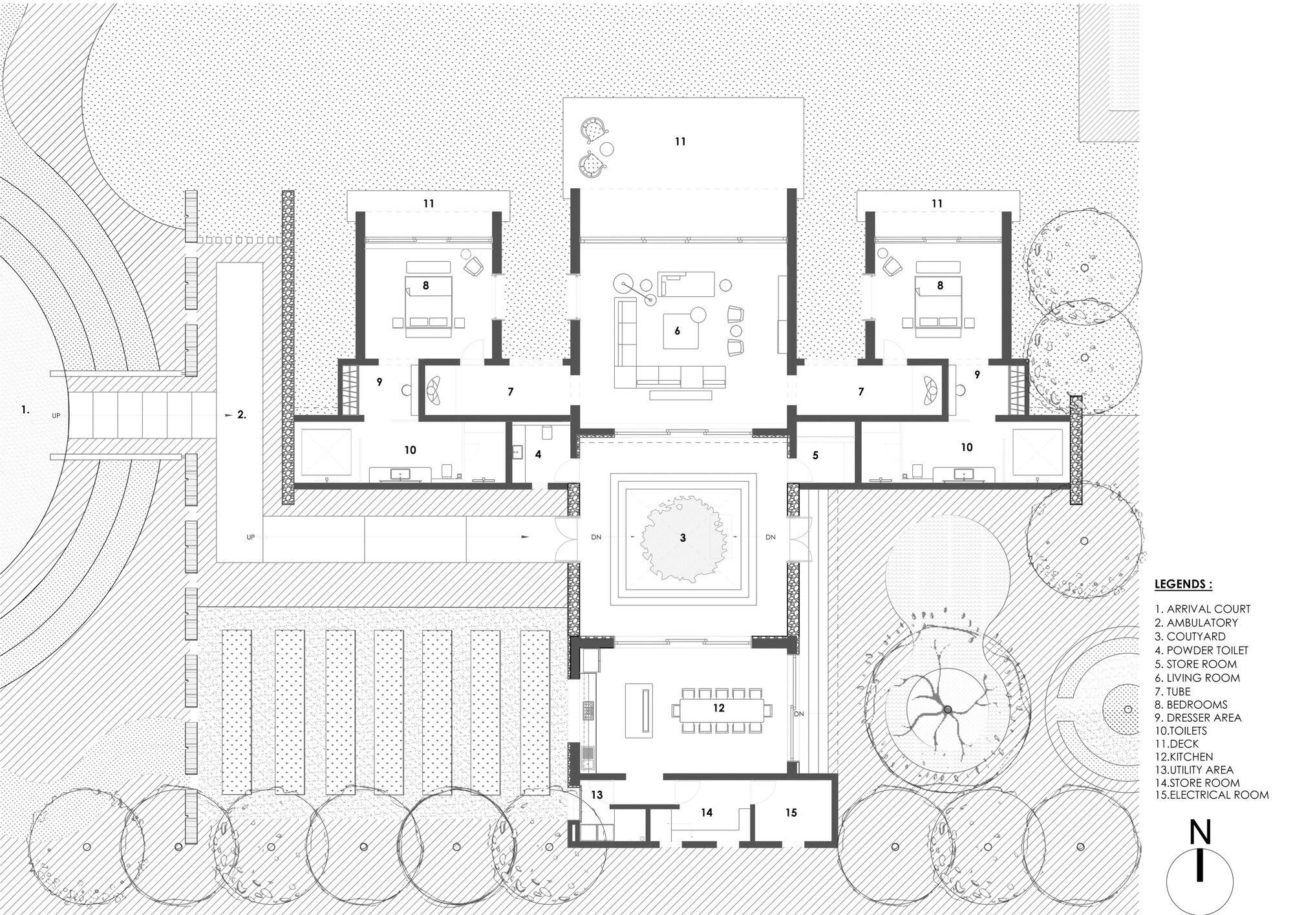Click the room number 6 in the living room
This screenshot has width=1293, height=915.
[x=677, y=331]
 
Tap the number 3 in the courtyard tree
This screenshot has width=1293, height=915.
[x=683, y=538]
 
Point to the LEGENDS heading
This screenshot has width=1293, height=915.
[x=1183, y=585]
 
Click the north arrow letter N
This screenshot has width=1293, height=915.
[x=1201, y=834]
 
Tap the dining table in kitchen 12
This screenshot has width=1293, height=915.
[x=720, y=709]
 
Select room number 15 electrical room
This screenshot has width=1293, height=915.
[x=791, y=812]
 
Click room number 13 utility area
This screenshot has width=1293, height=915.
[x=597, y=794]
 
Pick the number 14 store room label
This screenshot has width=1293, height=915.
[x=707, y=812]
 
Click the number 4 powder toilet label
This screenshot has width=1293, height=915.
[x=538, y=455]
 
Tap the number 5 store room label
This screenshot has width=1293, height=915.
[x=815, y=456]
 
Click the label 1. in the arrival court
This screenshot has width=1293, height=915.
[x=25, y=409]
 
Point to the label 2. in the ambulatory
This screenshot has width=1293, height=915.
[x=241, y=415]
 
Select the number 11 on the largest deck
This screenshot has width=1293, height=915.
[x=680, y=142]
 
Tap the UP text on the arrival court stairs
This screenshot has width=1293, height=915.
[x=56, y=416]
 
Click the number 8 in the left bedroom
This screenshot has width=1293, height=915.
[x=425, y=285]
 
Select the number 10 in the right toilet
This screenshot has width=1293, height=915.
[x=967, y=447]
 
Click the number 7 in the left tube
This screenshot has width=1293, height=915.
[x=510, y=392]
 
